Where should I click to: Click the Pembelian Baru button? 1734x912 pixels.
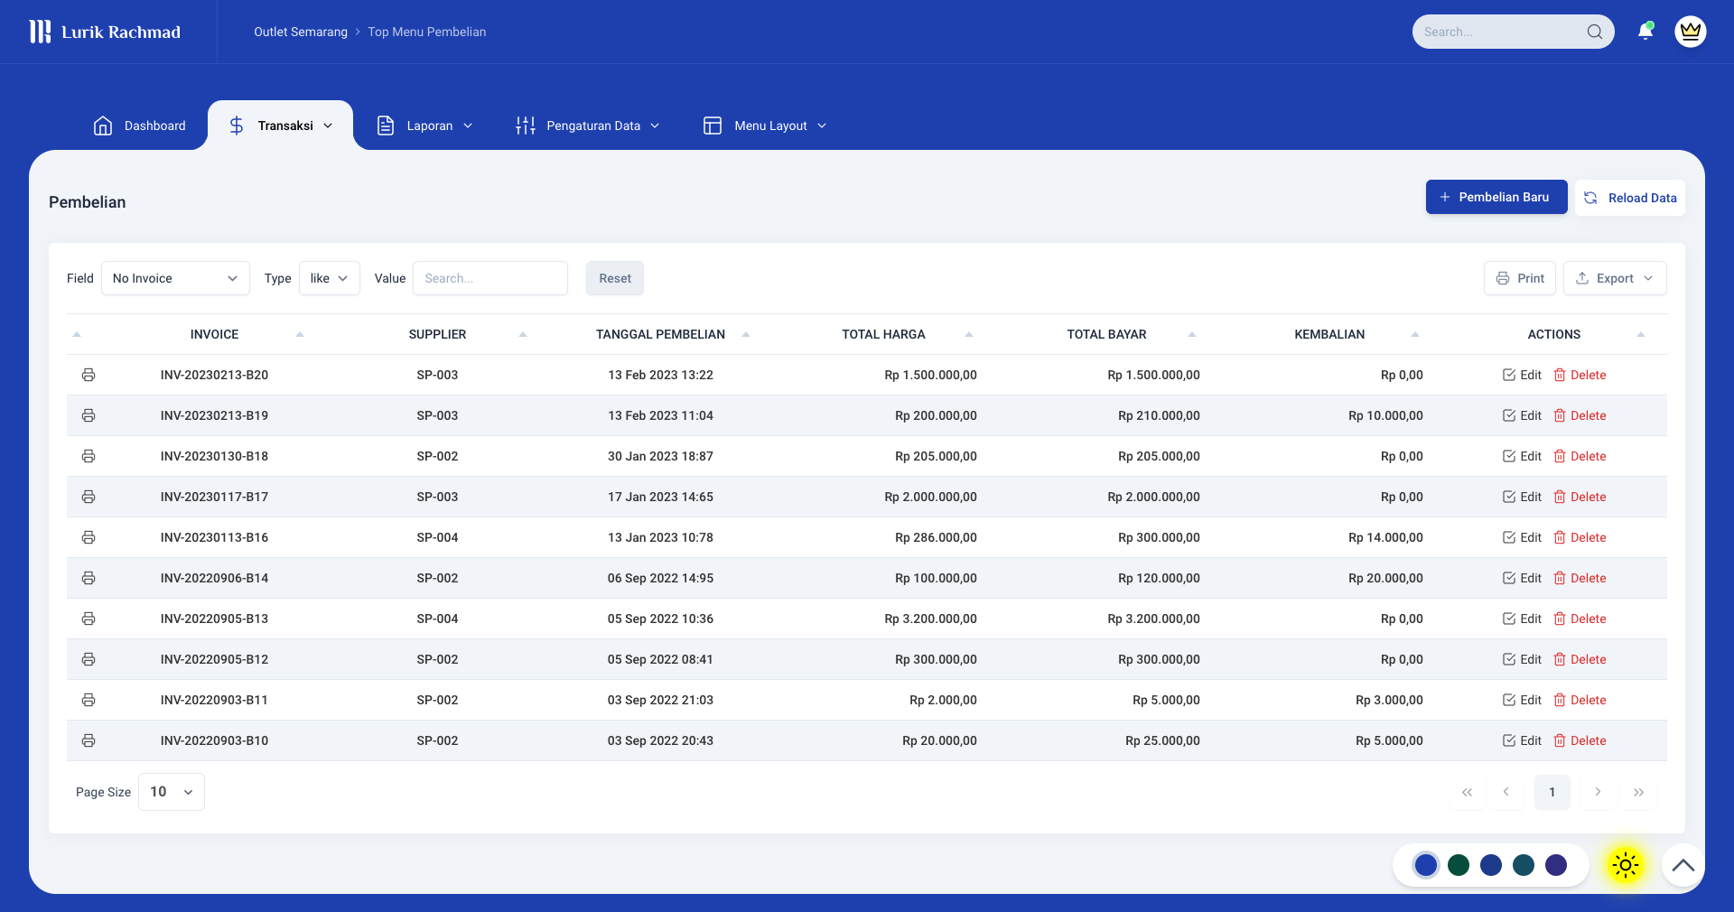1496,197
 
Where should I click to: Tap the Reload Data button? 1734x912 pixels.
1630,198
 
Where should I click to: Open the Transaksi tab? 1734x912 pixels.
280,126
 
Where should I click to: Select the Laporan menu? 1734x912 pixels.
424,126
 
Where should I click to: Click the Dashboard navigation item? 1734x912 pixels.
140,126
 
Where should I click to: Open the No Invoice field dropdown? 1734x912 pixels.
174,278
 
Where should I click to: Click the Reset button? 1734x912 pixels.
615,278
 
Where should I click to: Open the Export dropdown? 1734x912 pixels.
1615,278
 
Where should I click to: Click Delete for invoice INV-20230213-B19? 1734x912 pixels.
1580,415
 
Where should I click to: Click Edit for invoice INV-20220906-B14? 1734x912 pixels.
1522,578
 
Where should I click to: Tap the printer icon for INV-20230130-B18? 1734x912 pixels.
89,456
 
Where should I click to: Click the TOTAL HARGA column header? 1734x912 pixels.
883,334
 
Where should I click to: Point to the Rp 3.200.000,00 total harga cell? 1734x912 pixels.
930,619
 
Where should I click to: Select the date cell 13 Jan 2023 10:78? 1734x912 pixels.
660,537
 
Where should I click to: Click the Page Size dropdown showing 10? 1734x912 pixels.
171,792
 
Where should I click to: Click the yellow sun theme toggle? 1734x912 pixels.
1625,865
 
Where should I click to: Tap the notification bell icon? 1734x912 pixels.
1645,32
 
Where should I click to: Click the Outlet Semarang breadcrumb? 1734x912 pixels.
301,32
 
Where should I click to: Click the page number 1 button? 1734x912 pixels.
1552,792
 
